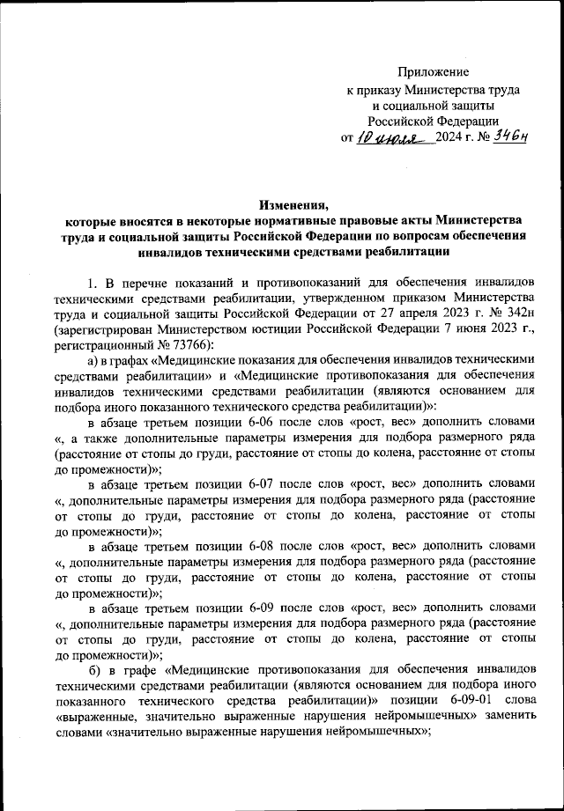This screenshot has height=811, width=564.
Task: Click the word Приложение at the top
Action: coord(433,71)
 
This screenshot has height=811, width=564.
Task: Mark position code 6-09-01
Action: coord(457,704)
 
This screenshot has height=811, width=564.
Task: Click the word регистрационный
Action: coord(100,346)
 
